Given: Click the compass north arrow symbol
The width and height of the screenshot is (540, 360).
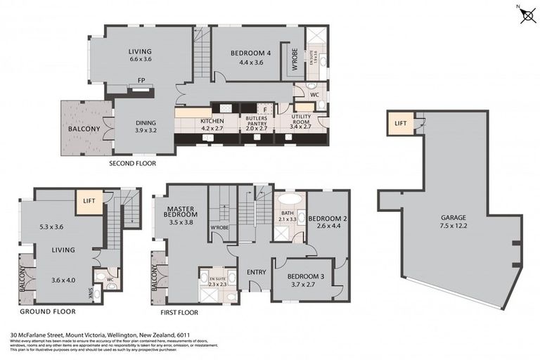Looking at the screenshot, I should [x=527, y=15].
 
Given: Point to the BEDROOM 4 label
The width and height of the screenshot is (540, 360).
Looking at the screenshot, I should [x=250, y=57].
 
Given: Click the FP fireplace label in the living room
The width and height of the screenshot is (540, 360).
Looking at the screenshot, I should [x=141, y=79].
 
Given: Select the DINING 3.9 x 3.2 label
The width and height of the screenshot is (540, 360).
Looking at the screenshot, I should [x=146, y=126].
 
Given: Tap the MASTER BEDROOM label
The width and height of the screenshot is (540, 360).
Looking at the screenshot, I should [x=181, y=217].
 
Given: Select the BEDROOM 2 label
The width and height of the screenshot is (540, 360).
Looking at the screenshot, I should [x=328, y=221].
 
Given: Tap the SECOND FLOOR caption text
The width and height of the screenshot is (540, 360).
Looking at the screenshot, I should [x=132, y=163].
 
